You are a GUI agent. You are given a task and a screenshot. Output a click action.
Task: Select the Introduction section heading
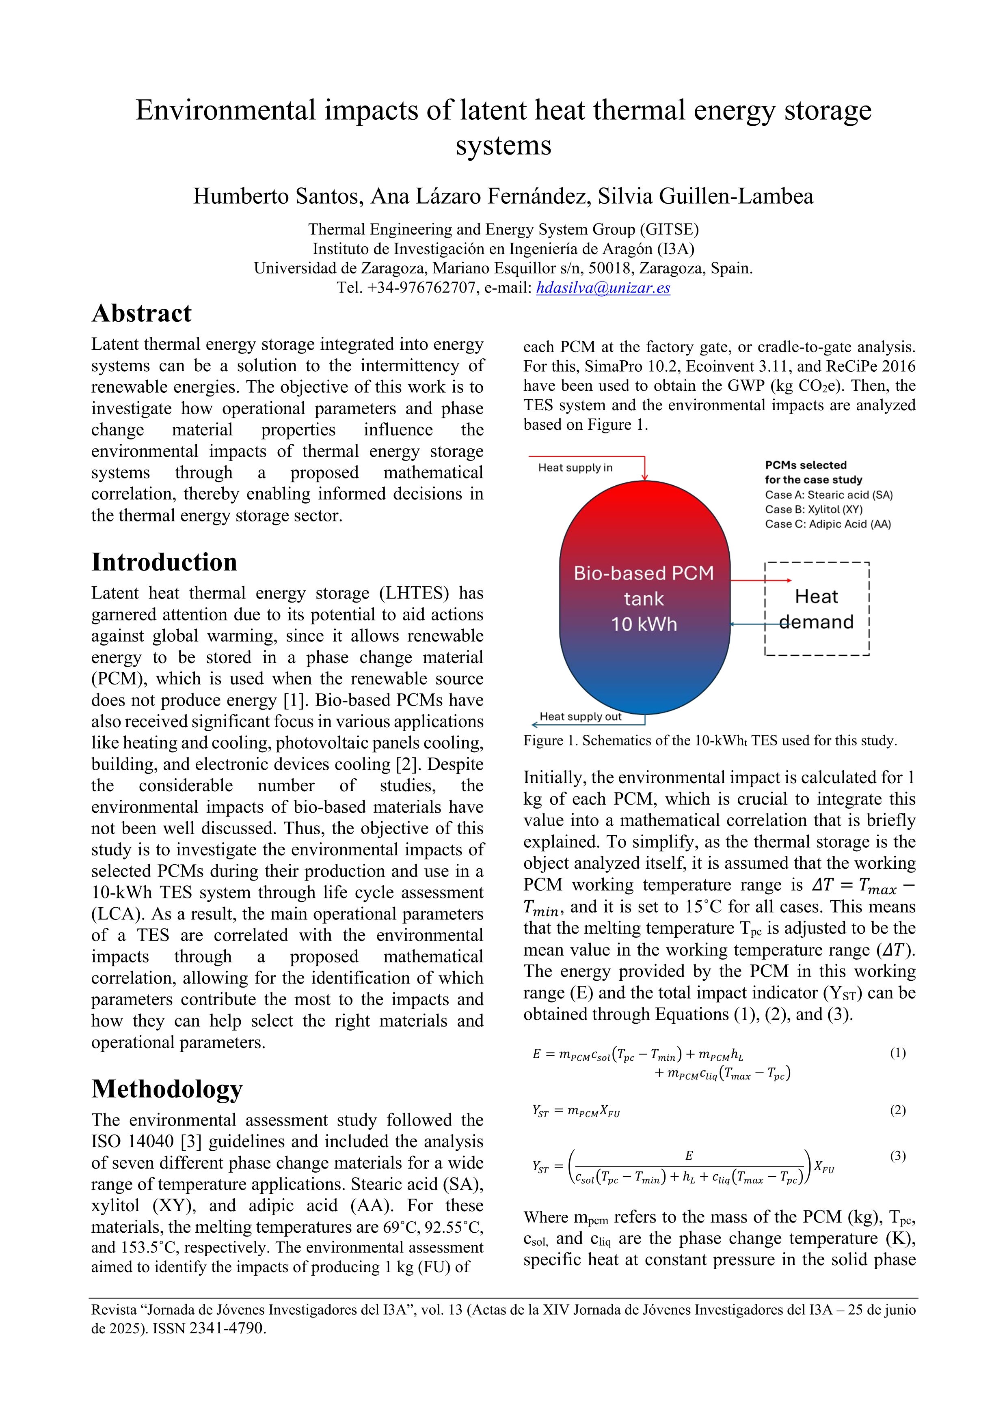pos(164,562)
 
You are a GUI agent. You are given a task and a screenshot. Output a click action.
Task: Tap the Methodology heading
pos(167,1089)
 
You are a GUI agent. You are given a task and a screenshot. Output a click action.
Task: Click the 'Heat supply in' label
pos(575,467)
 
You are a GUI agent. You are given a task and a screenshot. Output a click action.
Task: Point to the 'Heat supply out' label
pos(580,717)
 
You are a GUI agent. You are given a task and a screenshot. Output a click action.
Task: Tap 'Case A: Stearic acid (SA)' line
pos(828,495)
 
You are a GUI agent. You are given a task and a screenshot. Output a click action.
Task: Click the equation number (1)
pos(897,1053)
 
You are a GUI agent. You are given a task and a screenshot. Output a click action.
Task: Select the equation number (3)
pos(897,1156)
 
